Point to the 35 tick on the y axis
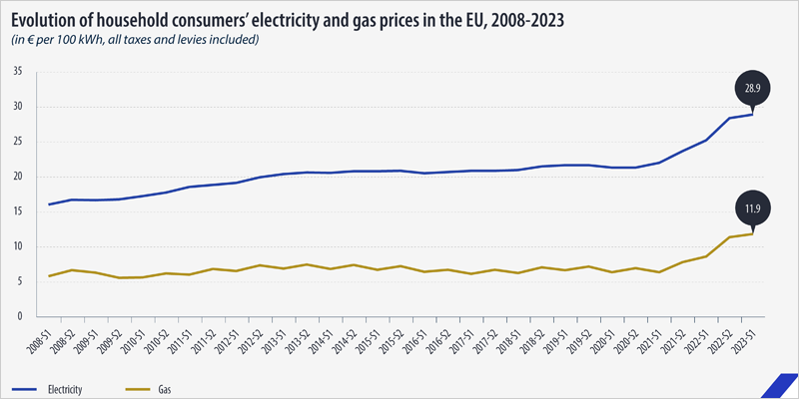(x=18, y=72)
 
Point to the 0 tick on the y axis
(x=20, y=316)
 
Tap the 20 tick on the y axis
(x=18, y=177)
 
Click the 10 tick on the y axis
(x=18, y=246)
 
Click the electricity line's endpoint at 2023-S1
(x=752, y=114)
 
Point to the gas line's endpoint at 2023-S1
(x=752, y=233)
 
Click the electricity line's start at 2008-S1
(x=50, y=204)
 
